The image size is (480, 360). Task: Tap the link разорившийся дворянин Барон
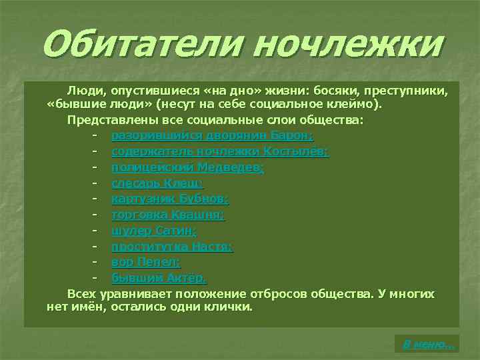click(212, 136)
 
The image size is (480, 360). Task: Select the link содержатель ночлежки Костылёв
click(219, 151)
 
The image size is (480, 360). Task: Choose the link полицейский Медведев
click(187, 167)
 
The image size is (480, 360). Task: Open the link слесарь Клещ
click(157, 183)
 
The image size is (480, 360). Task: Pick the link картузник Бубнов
click(170, 199)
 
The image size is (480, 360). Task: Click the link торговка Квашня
click(168, 215)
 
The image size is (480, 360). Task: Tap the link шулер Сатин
click(153, 231)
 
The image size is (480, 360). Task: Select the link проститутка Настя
click(172, 246)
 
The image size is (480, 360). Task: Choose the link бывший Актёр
click(159, 278)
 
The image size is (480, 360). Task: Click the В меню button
click(427, 344)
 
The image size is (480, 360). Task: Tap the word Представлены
click(111, 120)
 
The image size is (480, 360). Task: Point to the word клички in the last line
click(229, 307)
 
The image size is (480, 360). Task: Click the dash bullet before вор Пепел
click(97, 262)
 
